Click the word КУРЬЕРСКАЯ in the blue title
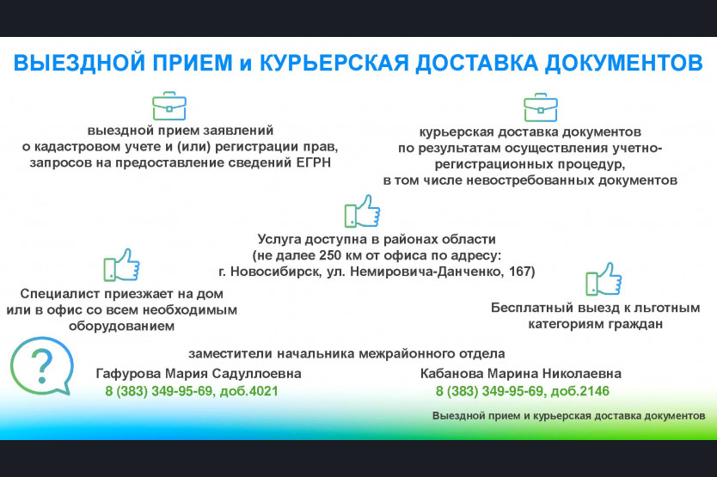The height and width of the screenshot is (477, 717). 334,63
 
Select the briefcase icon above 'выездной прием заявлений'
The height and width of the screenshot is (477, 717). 169,106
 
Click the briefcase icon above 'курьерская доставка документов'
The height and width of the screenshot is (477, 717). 541,107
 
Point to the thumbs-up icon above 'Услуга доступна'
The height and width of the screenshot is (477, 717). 362,211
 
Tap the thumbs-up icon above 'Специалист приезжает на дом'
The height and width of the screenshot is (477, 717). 121,265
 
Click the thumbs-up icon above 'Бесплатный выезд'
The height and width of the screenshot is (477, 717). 604,279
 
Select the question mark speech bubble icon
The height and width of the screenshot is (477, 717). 41,366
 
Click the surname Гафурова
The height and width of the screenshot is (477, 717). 128,374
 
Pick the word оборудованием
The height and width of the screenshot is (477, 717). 121,326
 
